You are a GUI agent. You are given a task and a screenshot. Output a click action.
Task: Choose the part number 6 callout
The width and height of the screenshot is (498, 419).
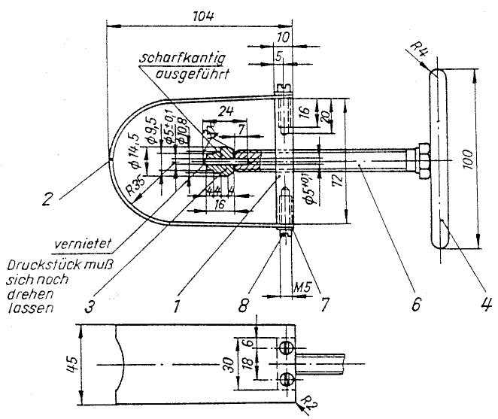[418, 305]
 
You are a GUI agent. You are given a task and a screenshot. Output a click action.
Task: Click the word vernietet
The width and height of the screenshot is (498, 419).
[84, 244]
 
